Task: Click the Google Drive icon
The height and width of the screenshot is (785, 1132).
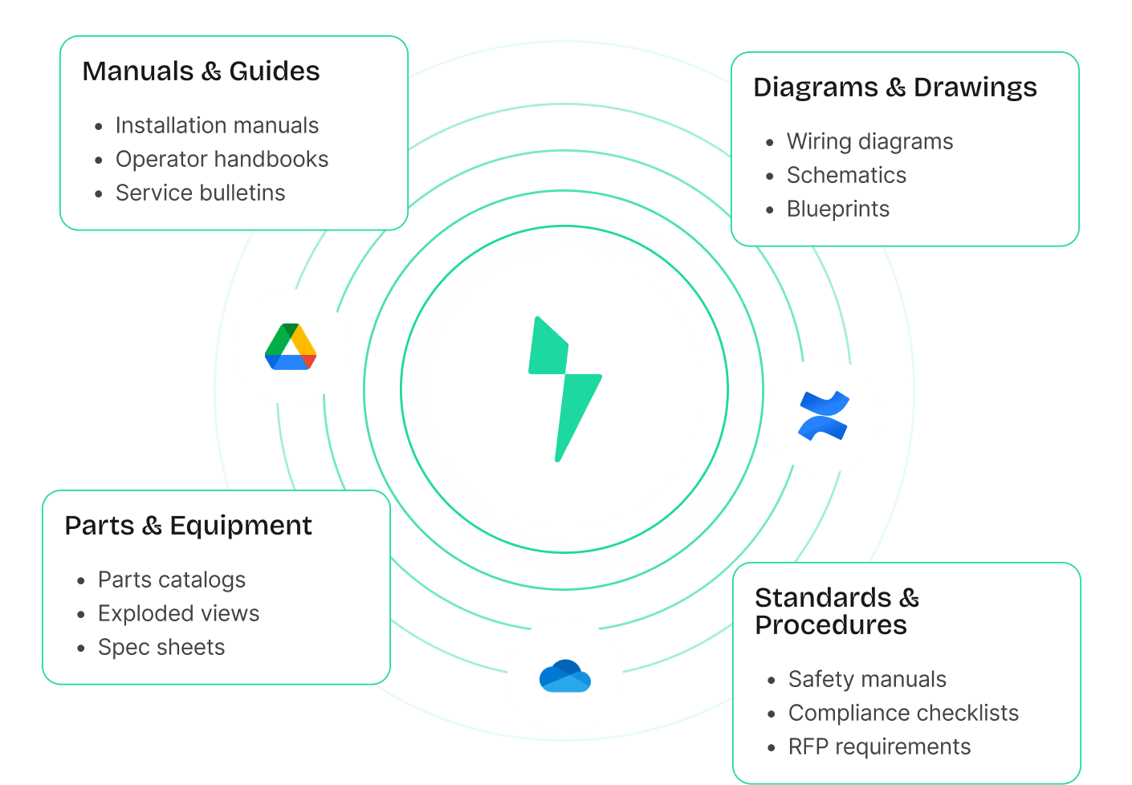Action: [291, 347]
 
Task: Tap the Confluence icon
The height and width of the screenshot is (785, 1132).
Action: [823, 416]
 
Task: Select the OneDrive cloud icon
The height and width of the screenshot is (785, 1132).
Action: [565, 676]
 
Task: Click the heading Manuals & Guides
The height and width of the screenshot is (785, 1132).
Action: [201, 71]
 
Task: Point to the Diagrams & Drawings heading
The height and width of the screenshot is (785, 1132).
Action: [894, 87]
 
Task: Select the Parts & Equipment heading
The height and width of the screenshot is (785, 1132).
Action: [188, 526]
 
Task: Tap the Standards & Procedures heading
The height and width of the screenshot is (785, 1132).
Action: [836, 611]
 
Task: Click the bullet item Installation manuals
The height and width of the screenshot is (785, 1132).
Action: [217, 126]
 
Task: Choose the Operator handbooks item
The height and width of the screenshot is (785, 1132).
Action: [222, 160]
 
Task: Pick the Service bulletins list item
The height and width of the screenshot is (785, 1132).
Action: [200, 193]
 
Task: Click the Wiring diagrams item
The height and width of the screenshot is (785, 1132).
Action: [869, 142]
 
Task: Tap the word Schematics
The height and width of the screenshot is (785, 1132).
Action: [846, 176]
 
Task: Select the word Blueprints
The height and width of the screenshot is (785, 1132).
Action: [837, 209]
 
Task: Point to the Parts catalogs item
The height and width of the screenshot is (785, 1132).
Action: [171, 580]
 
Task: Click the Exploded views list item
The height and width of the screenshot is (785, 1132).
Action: [178, 614]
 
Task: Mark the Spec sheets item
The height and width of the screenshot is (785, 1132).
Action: [161, 648]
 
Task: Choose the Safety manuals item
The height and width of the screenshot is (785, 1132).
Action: [867, 680]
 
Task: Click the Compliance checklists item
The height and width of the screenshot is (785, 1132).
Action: [903, 714]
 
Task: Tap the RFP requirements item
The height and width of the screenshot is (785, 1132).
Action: [879, 747]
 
